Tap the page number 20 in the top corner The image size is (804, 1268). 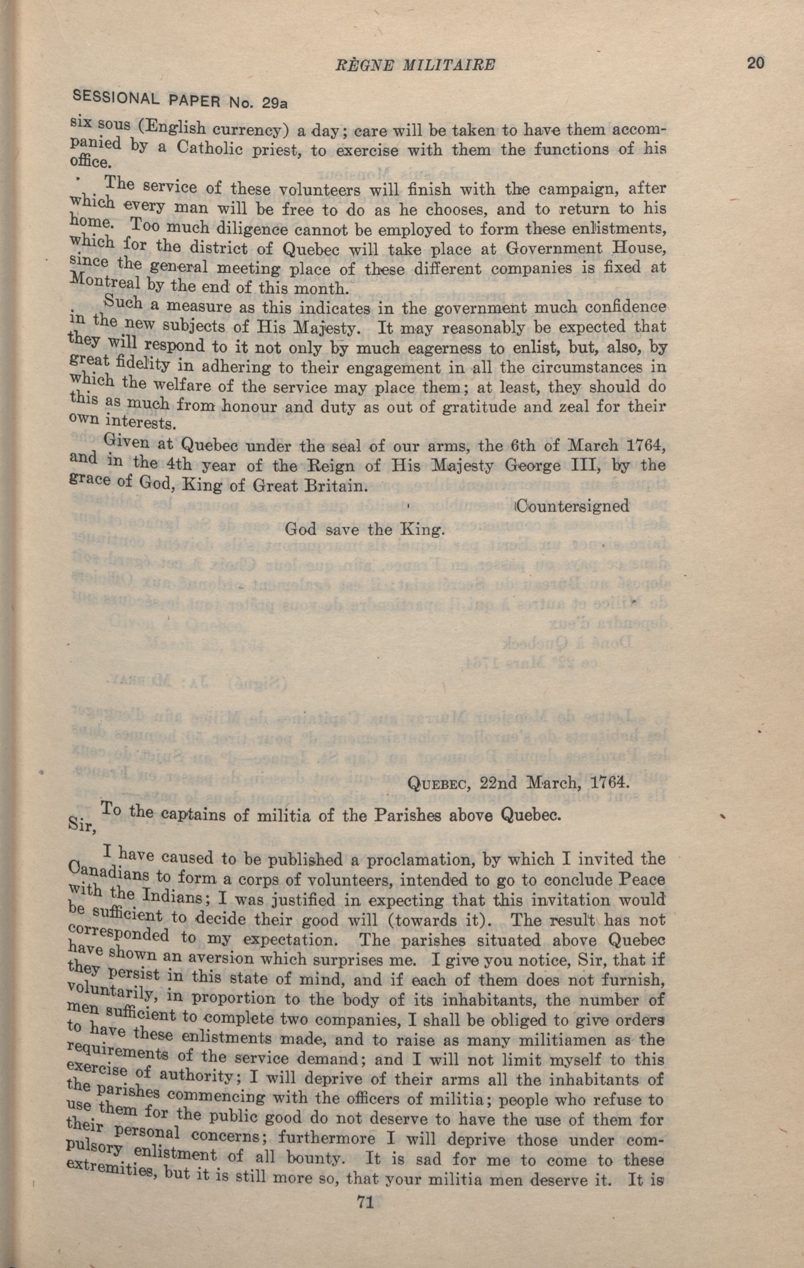[754, 63]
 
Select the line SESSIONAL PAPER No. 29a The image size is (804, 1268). [179, 98]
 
